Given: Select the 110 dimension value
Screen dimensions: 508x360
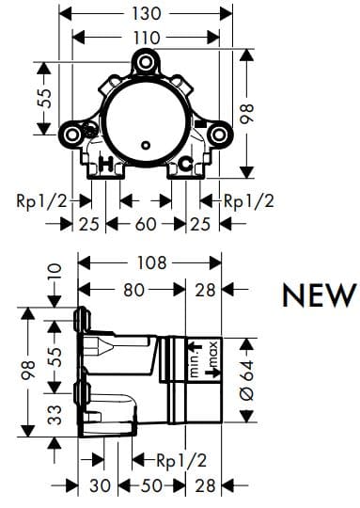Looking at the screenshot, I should click(x=146, y=37).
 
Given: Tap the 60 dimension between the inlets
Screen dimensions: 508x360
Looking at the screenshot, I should click(x=146, y=224).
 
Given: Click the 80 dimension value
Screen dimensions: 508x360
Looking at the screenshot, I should click(x=134, y=291).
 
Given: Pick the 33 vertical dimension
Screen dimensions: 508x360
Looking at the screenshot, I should click(x=55, y=415).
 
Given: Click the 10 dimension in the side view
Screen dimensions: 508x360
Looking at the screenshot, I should click(x=54, y=275).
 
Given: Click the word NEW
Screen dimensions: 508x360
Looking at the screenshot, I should click(x=320, y=295).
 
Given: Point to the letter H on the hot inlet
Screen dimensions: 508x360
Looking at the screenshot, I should click(x=106, y=165).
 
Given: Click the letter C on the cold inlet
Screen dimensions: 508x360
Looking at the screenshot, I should click(x=186, y=165).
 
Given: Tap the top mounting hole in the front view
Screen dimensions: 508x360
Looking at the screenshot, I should click(x=146, y=64).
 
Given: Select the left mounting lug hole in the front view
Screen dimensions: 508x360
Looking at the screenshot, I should click(x=70, y=135).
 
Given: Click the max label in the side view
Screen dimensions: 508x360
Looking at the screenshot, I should click(x=213, y=356).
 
